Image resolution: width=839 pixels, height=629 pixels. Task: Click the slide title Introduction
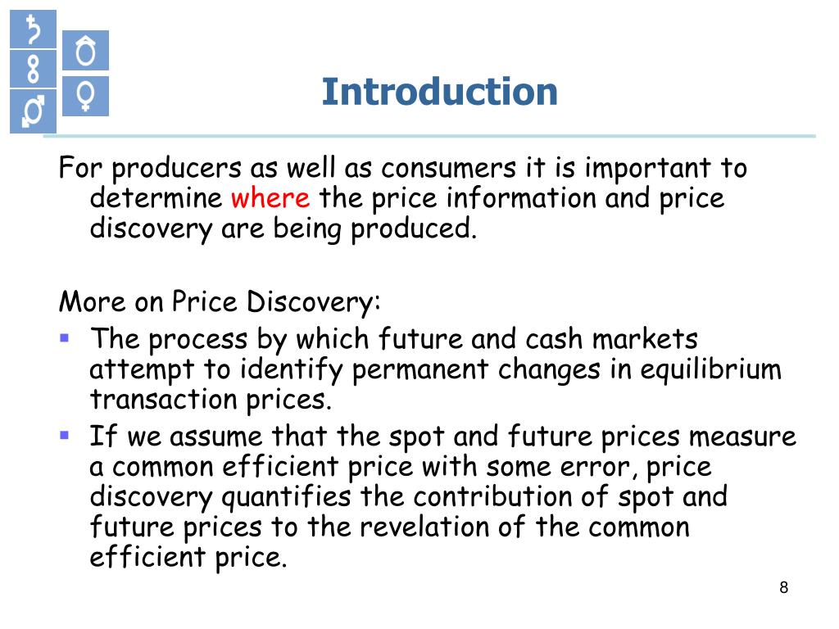(x=439, y=92)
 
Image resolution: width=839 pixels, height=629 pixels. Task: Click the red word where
(x=270, y=198)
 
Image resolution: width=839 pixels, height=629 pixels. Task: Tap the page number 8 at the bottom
(x=783, y=587)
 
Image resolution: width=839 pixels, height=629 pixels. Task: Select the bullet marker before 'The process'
(x=65, y=336)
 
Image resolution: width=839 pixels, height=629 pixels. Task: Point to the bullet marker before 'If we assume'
(x=65, y=434)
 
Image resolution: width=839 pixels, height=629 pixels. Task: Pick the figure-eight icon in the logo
(x=33, y=68)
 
